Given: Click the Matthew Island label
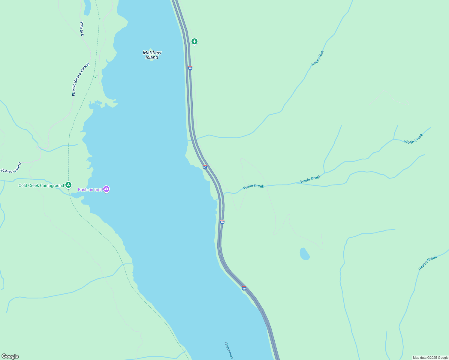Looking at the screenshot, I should (x=152, y=55).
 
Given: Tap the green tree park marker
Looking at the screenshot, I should (x=194, y=41).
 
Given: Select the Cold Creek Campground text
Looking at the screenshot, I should (x=41, y=186).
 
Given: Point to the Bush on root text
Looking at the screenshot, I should (x=90, y=190).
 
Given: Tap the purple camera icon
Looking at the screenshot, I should (x=106, y=189).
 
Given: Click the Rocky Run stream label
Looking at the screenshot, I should (x=318, y=58).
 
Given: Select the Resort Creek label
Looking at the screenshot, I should (x=428, y=263).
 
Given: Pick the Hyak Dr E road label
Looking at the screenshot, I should (x=82, y=29).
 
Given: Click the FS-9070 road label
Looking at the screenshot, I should (x=80, y=79).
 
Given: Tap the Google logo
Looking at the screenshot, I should (x=10, y=356).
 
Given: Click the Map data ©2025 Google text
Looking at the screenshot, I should (x=430, y=358).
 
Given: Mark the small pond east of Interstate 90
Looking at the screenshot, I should (x=304, y=254).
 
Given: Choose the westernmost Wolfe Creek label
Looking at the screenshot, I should (x=254, y=186).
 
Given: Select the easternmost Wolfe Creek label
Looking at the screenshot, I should (x=413, y=139).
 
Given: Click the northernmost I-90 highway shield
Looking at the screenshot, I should (x=190, y=68).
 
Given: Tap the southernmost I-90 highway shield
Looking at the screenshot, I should (x=244, y=288).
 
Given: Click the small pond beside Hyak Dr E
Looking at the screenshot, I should (x=87, y=7).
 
